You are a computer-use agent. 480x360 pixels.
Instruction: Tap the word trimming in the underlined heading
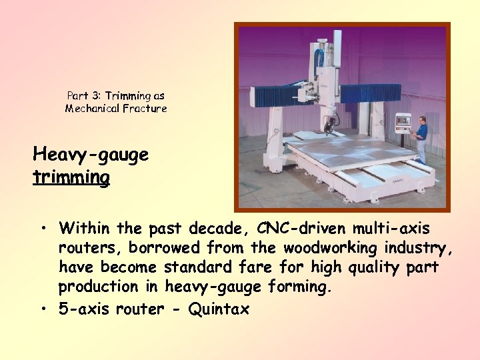71,177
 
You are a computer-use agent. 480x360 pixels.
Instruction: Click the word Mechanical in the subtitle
92,108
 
